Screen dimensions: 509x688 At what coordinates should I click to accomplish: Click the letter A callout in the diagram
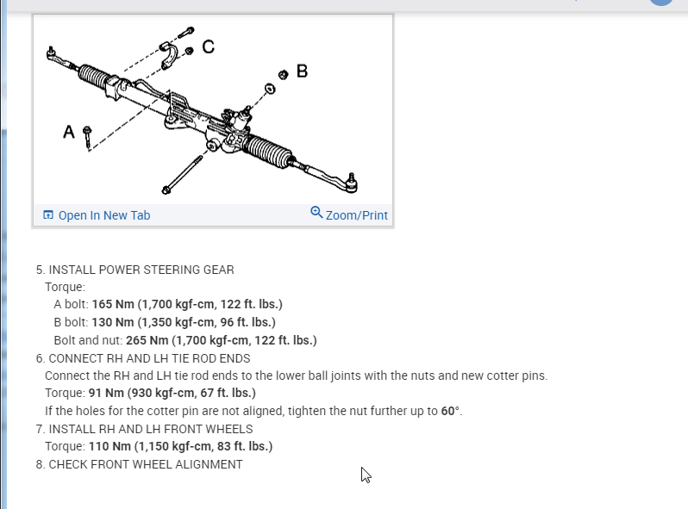(69, 132)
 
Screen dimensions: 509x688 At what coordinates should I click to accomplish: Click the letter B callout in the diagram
(302, 71)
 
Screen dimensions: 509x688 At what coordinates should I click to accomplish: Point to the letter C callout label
(208, 46)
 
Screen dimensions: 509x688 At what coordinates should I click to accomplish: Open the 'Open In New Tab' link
(103, 215)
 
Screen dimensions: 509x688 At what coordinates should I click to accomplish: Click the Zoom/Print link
(356, 215)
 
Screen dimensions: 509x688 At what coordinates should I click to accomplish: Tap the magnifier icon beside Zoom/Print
(316, 213)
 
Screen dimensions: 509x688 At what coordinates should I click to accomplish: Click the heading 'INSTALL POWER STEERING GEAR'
(141, 270)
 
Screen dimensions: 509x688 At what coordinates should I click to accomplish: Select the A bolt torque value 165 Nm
(109, 305)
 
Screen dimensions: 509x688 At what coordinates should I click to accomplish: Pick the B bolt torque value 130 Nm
(109, 322)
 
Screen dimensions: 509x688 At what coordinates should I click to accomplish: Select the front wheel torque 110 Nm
(107, 446)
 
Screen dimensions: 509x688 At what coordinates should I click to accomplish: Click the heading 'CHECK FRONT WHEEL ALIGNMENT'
(145, 464)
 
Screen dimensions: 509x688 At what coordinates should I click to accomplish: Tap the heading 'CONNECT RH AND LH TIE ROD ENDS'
(149, 358)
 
